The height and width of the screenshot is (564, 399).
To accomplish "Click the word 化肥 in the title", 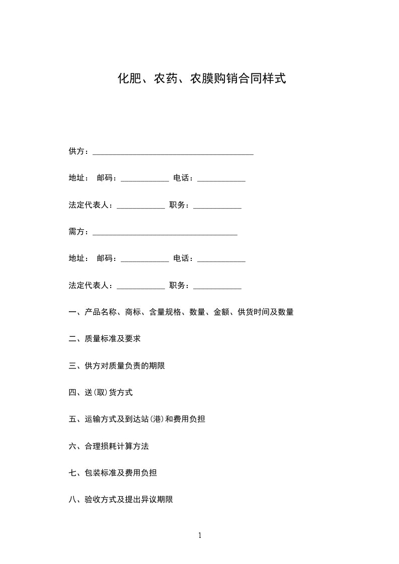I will point(128,78).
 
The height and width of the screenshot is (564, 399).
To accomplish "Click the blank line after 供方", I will point(173,152).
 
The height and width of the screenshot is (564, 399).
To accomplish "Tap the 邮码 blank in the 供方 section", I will point(145,179).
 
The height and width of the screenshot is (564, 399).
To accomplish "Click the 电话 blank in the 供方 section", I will point(221,179).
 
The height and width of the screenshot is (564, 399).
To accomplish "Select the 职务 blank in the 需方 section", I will point(217,287).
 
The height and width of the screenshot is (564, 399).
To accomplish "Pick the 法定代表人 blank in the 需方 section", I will point(141,287).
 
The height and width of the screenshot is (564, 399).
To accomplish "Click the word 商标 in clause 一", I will point(133,312).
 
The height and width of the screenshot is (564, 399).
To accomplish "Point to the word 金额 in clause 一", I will point(222,312).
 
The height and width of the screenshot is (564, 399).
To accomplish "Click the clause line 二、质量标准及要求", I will point(105,339).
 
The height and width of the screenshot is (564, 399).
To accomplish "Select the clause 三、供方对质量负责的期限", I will point(117,366).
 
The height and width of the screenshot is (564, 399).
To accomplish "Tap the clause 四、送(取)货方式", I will point(101,393).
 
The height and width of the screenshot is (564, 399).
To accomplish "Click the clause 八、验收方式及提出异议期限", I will point(121,500).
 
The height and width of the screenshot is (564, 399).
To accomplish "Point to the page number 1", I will point(200,535).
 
